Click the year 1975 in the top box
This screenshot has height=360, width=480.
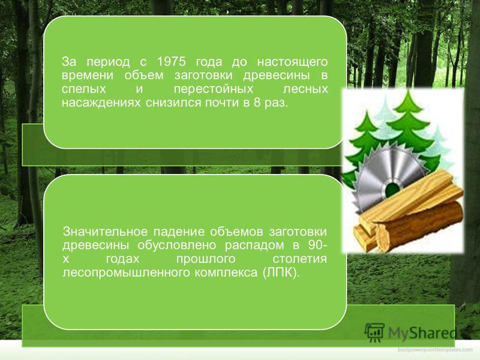171,62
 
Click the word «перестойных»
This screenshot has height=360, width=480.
214,89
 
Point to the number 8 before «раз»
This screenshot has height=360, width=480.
257,103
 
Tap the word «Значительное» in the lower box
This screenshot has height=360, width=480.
105,232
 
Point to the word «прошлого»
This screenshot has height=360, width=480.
205,260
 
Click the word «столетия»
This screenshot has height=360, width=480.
299,259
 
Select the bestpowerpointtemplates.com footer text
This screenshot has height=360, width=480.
435,350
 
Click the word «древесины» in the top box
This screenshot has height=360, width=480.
277,76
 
